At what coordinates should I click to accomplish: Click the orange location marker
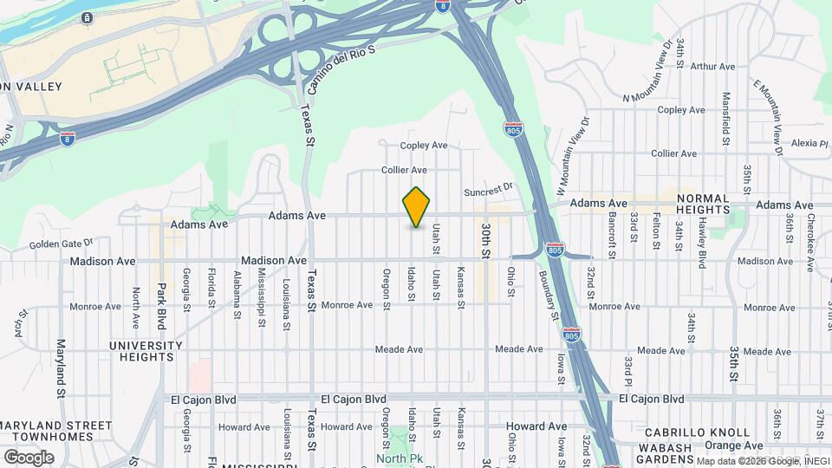(416, 207)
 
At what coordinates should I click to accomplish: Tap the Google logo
(28, 457)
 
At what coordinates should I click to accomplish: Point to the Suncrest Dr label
(489, 186)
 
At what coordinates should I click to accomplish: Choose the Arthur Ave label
(712, 66)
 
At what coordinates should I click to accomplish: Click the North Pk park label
(398, 458)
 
